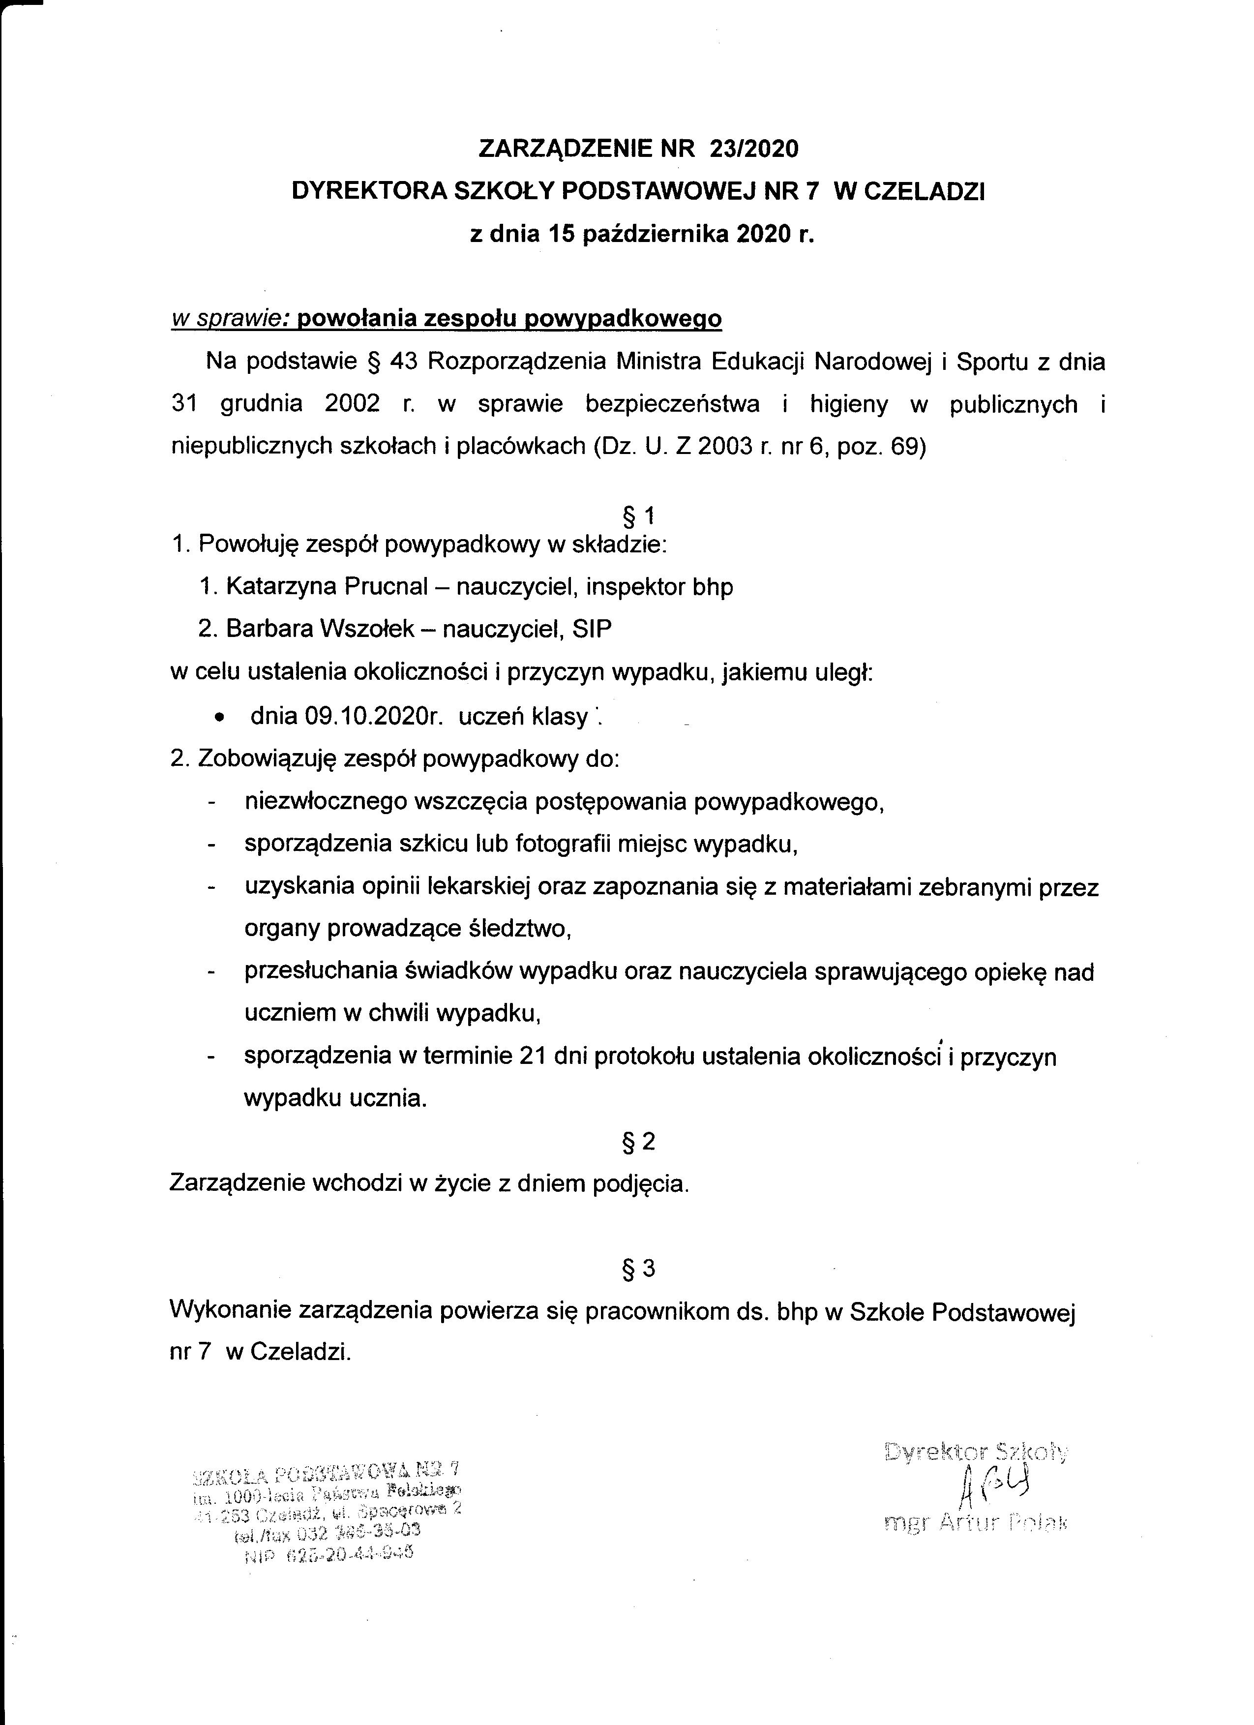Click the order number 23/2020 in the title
coord(753,149)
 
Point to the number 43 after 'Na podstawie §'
coord(404,361)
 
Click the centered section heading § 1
coord(638,517)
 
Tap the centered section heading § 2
coord(638,1141)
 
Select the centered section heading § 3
coord(638,1268)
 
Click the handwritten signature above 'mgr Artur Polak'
coord(988,1486)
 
